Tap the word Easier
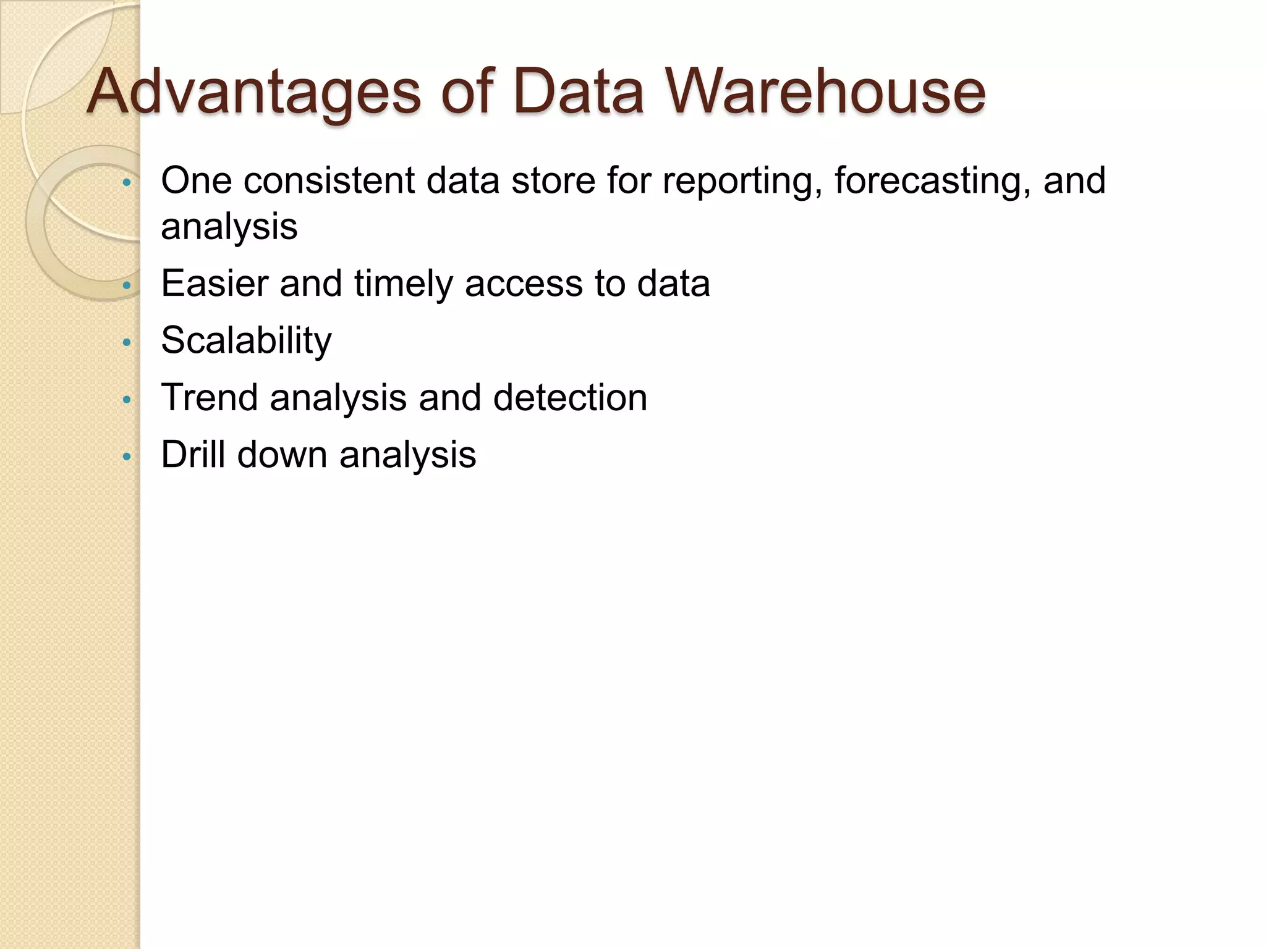tap(214, 284)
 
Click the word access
tap(523, 285)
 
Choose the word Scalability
tap(246, 341)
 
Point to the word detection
tap(570, 397)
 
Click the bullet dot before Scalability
tap(127, 342)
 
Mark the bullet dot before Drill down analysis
tap(127, 457)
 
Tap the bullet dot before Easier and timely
tap(127, 286)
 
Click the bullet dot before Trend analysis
tap(127, 400)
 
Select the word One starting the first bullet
tap(195, 181)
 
